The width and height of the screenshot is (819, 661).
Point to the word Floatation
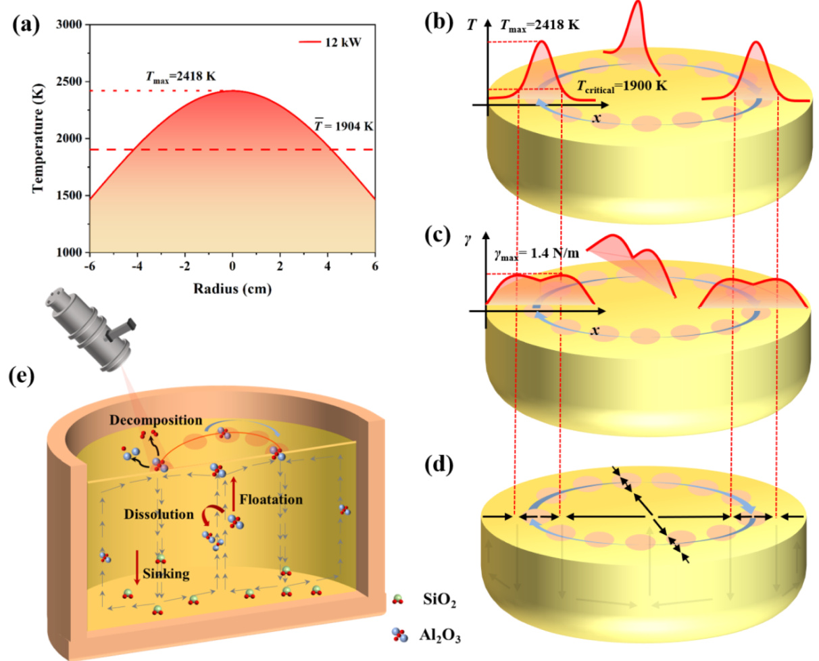coord(272,501)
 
